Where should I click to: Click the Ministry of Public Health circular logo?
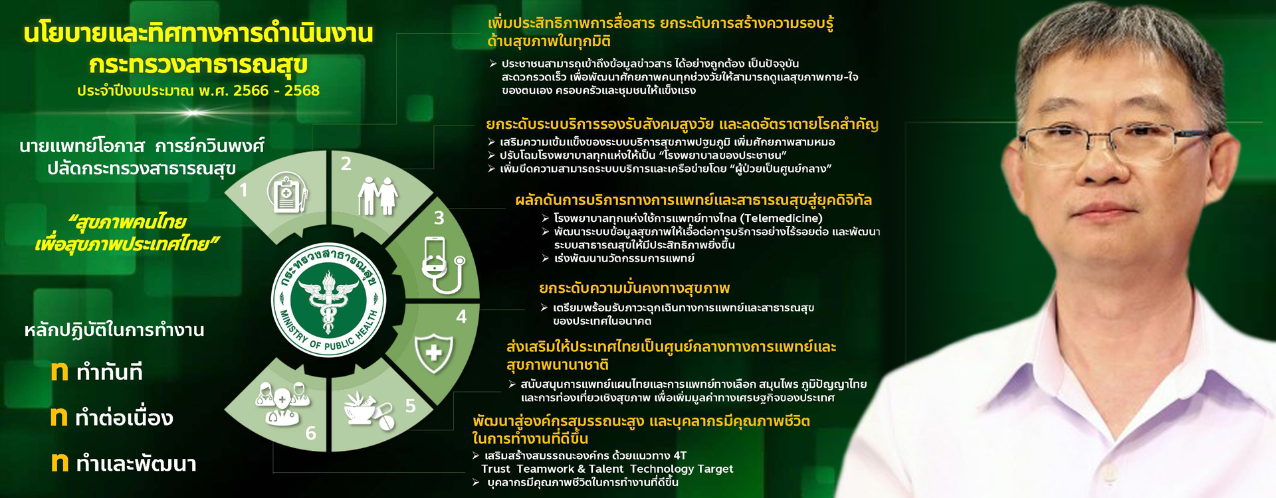tap(328, 299)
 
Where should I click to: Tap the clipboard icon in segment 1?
tap(287, 193)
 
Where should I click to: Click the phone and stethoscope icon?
tap(443, 266)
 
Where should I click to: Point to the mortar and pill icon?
tap(369, 409)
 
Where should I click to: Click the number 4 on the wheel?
tap(461, 317)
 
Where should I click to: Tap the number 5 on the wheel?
tap(411, 406)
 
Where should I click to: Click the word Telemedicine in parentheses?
tap(782, 218)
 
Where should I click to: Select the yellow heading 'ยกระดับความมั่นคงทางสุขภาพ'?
tap(634, 288)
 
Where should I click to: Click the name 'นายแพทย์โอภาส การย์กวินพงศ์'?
tap(142, 145)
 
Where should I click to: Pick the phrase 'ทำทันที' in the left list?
tap(109, 372)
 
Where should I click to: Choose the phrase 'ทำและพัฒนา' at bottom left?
tap(136, 463)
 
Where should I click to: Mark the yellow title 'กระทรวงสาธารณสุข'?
tap(198, 64)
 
